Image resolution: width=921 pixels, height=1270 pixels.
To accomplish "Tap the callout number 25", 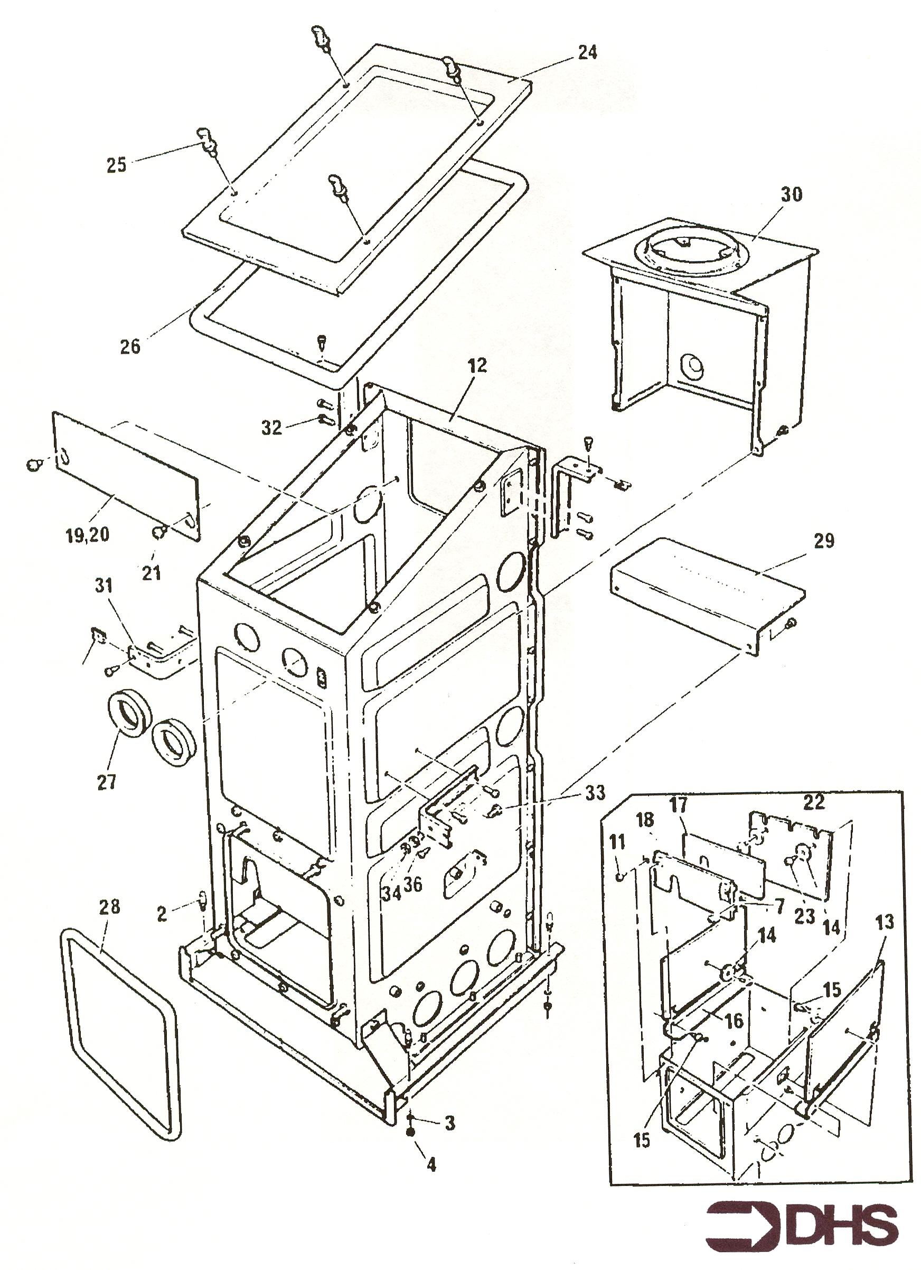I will [x=116, y=165].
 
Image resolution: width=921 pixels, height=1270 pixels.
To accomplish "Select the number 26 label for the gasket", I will [x=130, y=347].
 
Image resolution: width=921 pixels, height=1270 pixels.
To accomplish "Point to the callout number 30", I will [x=791, y=194].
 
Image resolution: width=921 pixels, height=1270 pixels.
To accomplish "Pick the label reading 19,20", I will [x=87, y=535].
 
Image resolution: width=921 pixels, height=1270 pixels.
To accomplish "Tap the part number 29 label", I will [x=824, y=541].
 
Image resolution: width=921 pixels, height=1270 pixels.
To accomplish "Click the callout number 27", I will [x=106, y=782].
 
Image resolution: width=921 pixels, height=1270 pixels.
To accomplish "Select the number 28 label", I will [x=109, y=907].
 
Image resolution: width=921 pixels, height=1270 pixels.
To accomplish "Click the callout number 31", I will [x=104, y=586].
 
